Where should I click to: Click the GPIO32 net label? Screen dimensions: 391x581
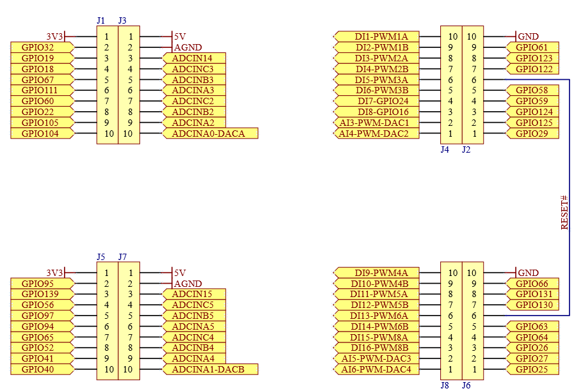38,47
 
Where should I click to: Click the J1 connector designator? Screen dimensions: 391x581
101,20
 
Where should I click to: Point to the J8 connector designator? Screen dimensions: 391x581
445,385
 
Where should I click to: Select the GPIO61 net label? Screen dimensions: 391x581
532,47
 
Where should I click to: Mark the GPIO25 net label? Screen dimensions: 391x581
532,369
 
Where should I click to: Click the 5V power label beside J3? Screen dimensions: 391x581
180,36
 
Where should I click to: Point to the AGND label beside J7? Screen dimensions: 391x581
188,284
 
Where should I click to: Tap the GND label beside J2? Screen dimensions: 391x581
528,36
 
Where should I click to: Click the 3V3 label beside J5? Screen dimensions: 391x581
55,273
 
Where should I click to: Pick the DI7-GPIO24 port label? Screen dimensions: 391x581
383,101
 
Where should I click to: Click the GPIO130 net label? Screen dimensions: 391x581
534,305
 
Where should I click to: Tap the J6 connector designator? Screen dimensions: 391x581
466,385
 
